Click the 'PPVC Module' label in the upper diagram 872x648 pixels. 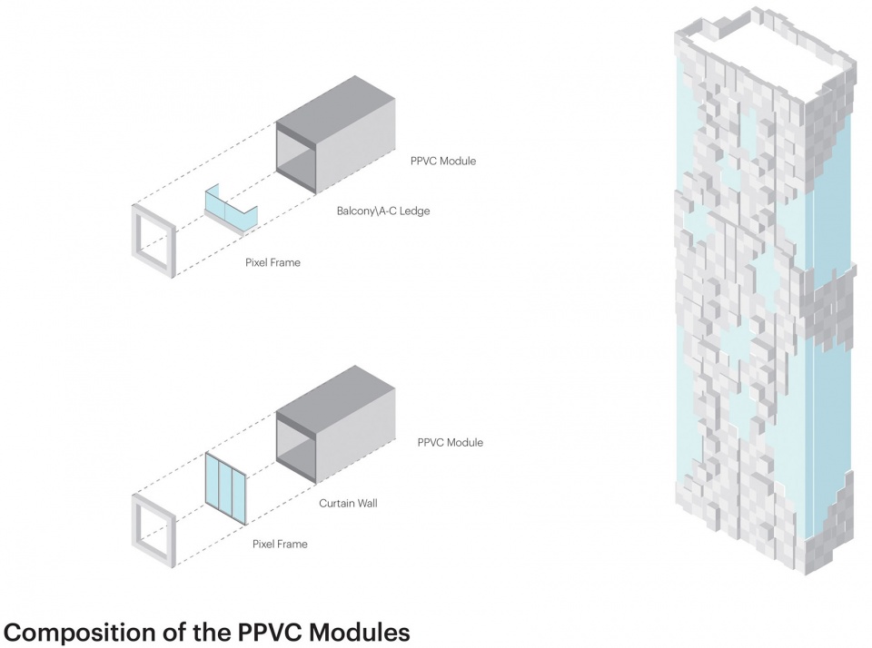(x=442, y=162)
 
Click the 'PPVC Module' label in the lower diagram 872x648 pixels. (x=450, y=443)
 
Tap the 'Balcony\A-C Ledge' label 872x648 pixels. (x=382, y=211)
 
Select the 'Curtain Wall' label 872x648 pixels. (x=347, y=502)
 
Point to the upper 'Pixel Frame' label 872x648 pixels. (x=272, y=262)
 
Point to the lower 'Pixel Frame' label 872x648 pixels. (x=280, y=545)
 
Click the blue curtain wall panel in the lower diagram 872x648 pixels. (x=226, y=487)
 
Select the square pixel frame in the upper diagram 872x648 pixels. (x=153, y=241)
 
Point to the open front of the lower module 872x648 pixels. (x=296, y=447)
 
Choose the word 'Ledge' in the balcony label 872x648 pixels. (x=413, y=211)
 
